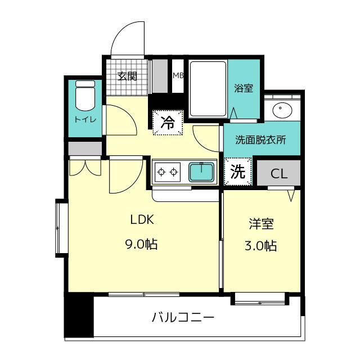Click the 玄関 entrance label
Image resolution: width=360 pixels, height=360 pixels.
(127, 76)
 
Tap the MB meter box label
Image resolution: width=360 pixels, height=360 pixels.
(178, 75)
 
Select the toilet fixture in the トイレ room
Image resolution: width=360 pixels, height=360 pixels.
(85, 96)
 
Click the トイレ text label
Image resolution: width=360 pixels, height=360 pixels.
(85, 120)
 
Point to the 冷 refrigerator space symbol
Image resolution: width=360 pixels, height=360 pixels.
(168, 123)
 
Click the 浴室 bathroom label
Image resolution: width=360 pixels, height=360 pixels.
(244, 88)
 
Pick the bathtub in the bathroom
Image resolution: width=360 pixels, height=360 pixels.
(208, 89)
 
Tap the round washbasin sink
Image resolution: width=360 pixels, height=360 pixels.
(282, 110)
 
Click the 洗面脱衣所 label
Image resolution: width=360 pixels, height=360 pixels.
(261, 140)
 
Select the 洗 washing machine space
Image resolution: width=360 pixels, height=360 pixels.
(238, 172)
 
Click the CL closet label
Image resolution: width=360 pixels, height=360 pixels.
(279, 174)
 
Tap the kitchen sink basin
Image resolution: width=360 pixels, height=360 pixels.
(201, 172)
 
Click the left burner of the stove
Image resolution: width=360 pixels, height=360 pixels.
(161, 172)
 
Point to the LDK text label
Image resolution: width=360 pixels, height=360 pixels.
(142, 220)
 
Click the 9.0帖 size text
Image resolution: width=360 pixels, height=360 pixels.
(141, 244)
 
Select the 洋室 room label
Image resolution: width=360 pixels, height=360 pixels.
(261, 224)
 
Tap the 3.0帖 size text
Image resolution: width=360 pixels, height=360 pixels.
(261, 246)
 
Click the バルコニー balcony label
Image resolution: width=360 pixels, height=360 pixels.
(183, 318)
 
